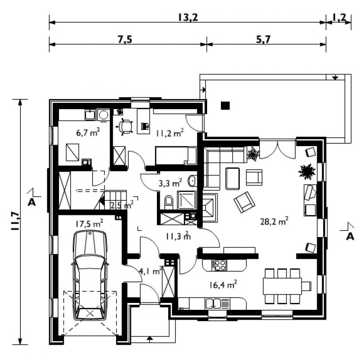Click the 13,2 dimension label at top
(188, 17)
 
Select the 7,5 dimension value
(125, 39)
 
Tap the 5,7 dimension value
(264, 39)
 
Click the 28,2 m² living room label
(274, 221)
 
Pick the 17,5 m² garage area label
(89, 223)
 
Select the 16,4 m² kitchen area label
(223, 285)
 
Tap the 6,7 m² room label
(88, 132)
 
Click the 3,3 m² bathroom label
(170, 183)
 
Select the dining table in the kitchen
(282, 286)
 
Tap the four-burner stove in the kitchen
(219, 265)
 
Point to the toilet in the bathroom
(169, 203)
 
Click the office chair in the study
(124, 126)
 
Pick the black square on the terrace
(225, 106)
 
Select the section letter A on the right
(350, 237)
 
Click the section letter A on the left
(31, 202)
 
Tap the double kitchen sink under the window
(213, 303)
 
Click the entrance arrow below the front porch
(150, 339)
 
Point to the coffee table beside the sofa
(232, 178)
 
